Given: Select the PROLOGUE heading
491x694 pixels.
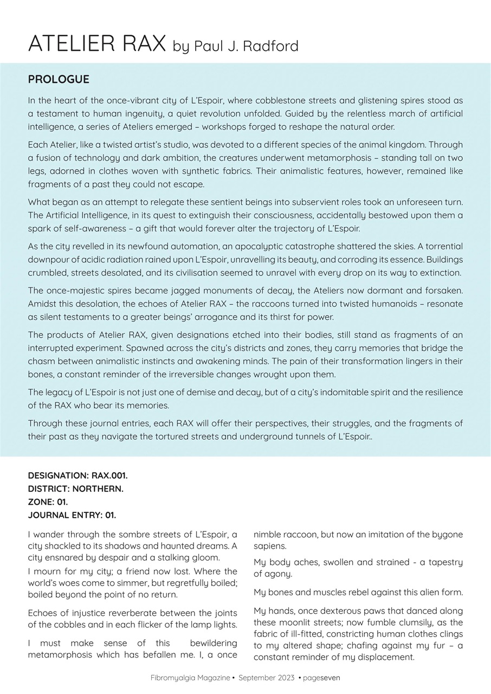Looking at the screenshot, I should click(x=59, y=79).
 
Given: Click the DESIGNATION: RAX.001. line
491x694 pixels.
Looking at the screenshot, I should click(x=77, y=475).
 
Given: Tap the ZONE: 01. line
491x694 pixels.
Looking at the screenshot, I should click(x=48, y=502).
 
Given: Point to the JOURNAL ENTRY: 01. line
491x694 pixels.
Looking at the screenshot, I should click(x=72, y=515).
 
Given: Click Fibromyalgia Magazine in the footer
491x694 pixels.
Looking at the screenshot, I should click(x=190, y=678).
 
